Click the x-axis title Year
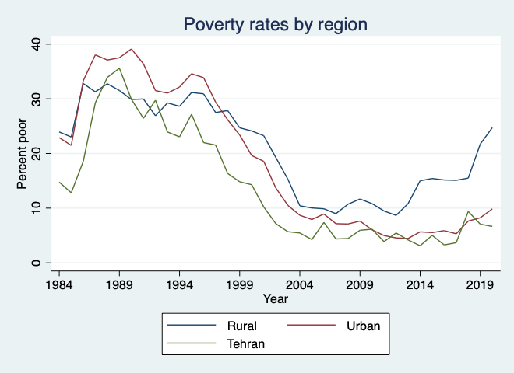(x=275, y=298)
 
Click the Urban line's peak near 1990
(x=132, y=49)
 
